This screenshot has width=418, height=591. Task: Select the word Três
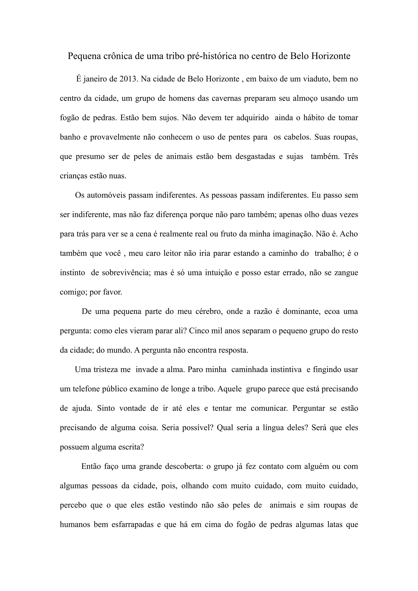[351, 156]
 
